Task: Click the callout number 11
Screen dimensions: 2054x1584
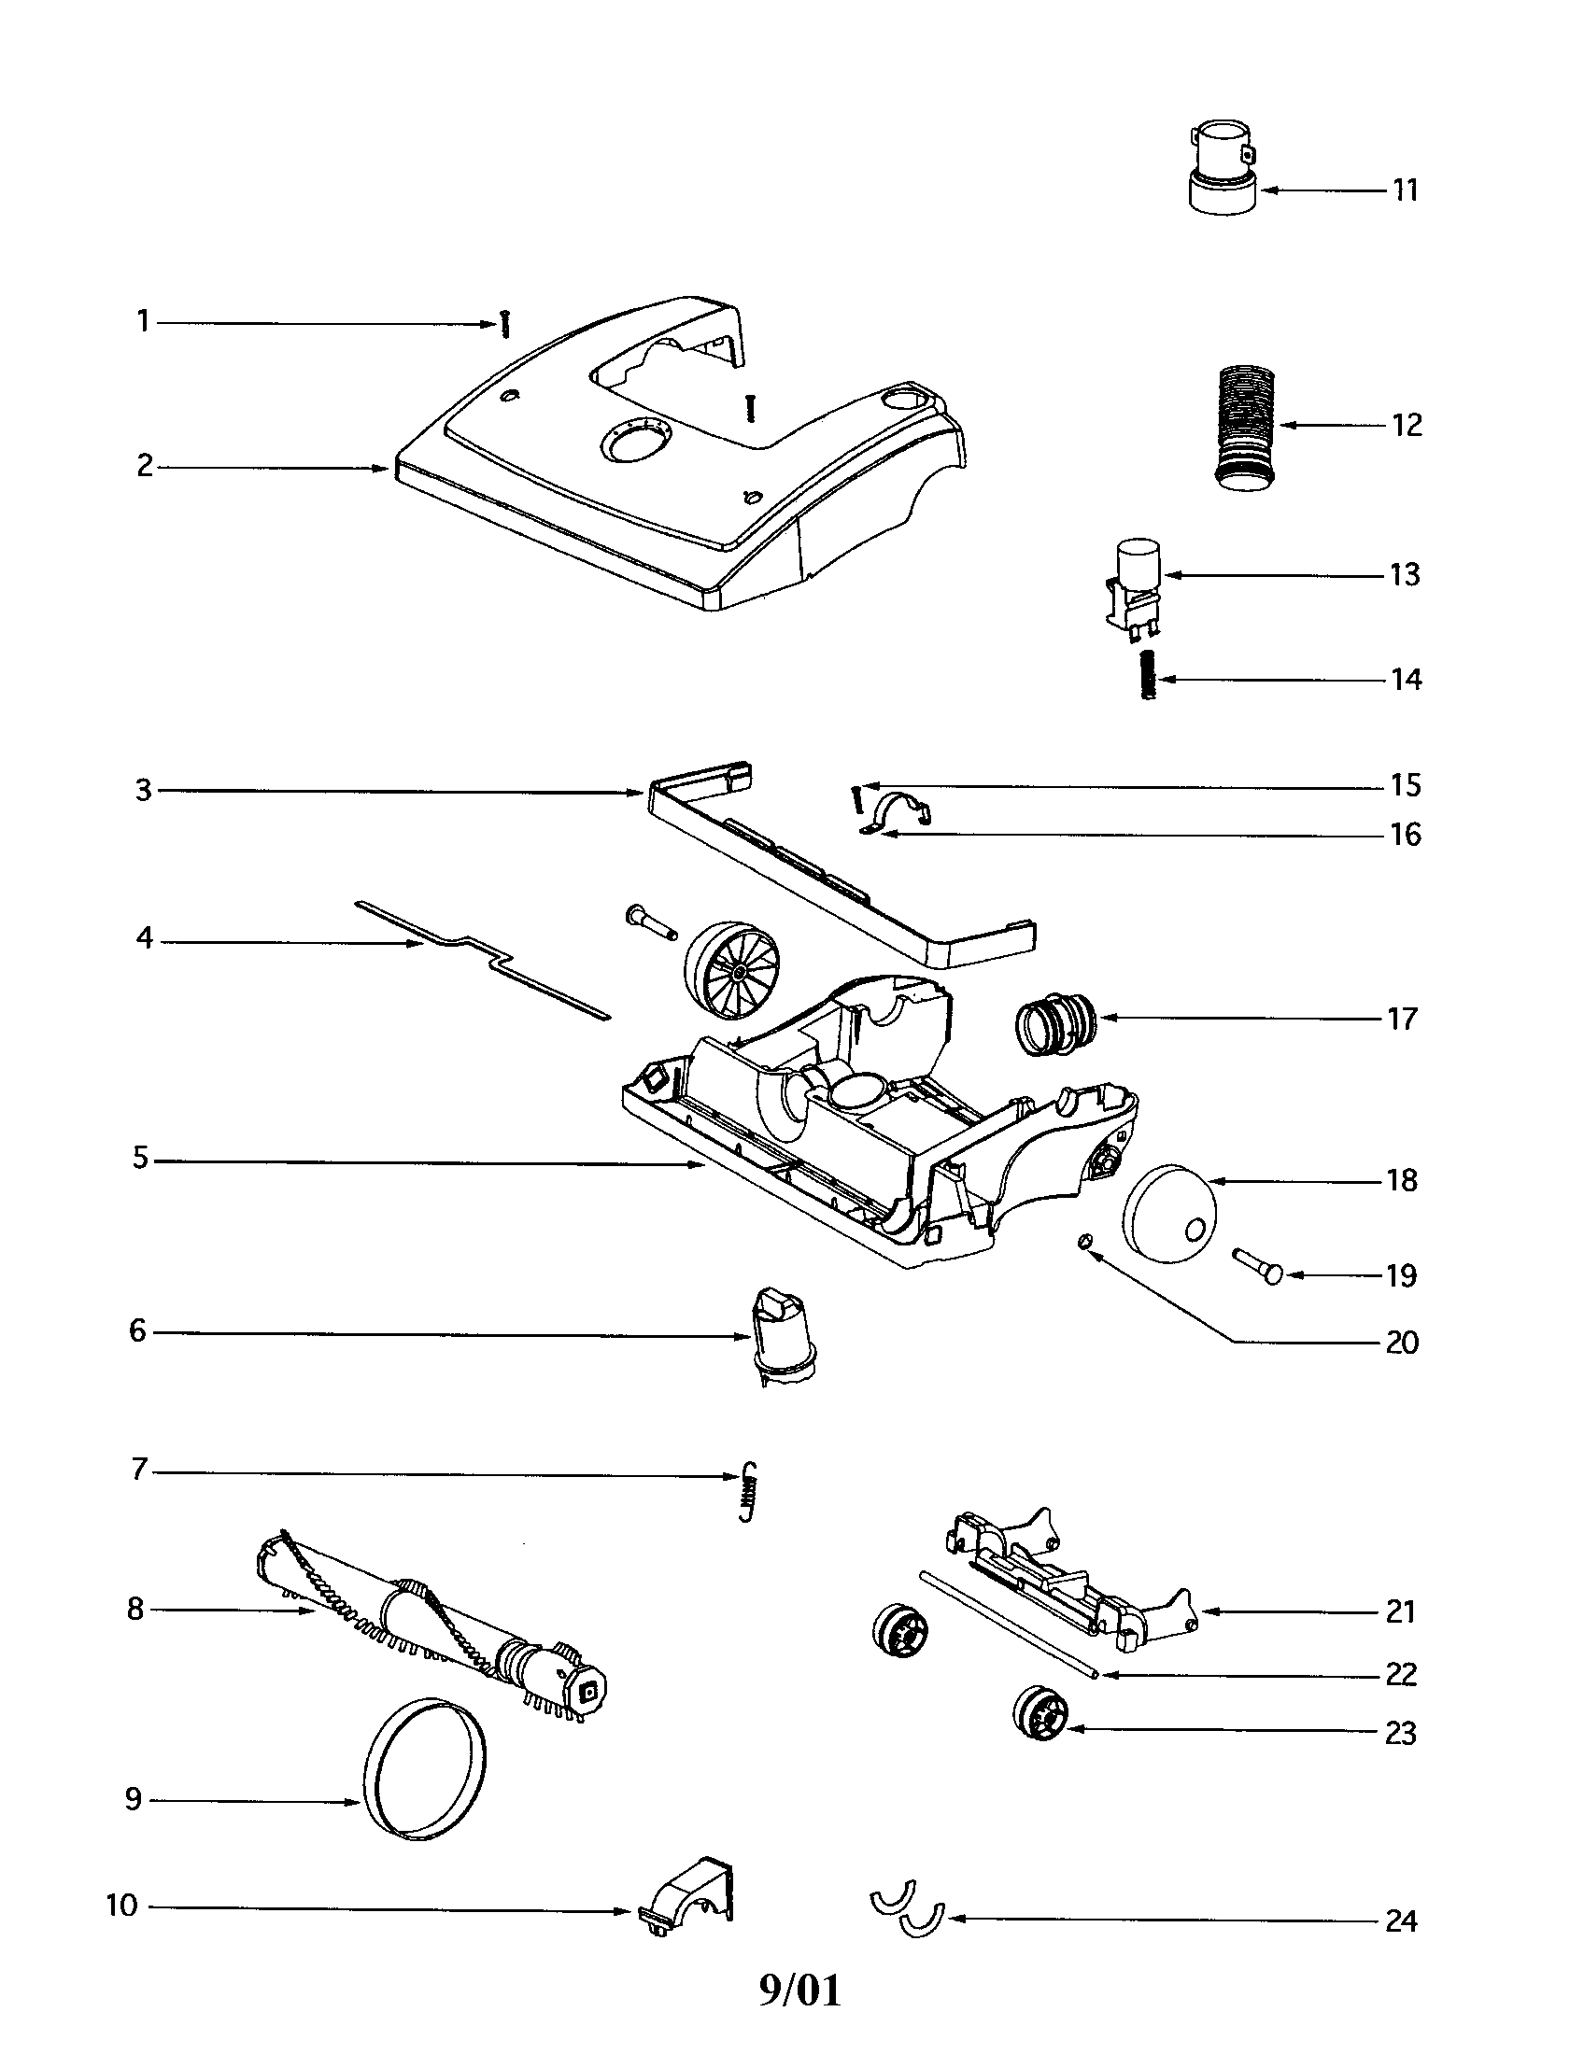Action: coord(1405,190)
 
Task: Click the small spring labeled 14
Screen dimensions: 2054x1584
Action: coord(1147,675)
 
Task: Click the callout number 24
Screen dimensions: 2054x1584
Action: coord(1402,1920)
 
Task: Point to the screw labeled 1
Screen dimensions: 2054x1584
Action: coord(505,326)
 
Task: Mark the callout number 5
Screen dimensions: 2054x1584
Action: coord(141,1159)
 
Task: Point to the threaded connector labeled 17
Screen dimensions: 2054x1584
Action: coord(1056,1020)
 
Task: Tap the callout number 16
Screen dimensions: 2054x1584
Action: coord(1406,834)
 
